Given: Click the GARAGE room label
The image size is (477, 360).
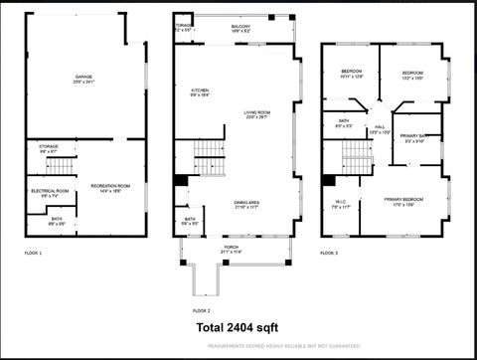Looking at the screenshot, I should (84, 79).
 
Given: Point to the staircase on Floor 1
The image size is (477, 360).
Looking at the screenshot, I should (62, 164).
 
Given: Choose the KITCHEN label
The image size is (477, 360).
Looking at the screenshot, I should (199, 93).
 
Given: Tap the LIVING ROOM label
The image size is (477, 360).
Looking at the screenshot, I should (257, 114).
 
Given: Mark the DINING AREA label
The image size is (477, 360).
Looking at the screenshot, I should (247, 205).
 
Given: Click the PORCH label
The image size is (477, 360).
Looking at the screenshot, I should (231, 250).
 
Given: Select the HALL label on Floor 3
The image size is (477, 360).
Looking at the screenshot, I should (380, 129).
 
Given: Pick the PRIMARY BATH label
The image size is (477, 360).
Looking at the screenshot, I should (415, 137).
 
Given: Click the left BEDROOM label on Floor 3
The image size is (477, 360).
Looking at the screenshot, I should (352, 74).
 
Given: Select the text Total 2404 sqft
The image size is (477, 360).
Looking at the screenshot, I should (238, 326).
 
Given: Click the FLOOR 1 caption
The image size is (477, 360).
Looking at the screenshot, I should (34, 254).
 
